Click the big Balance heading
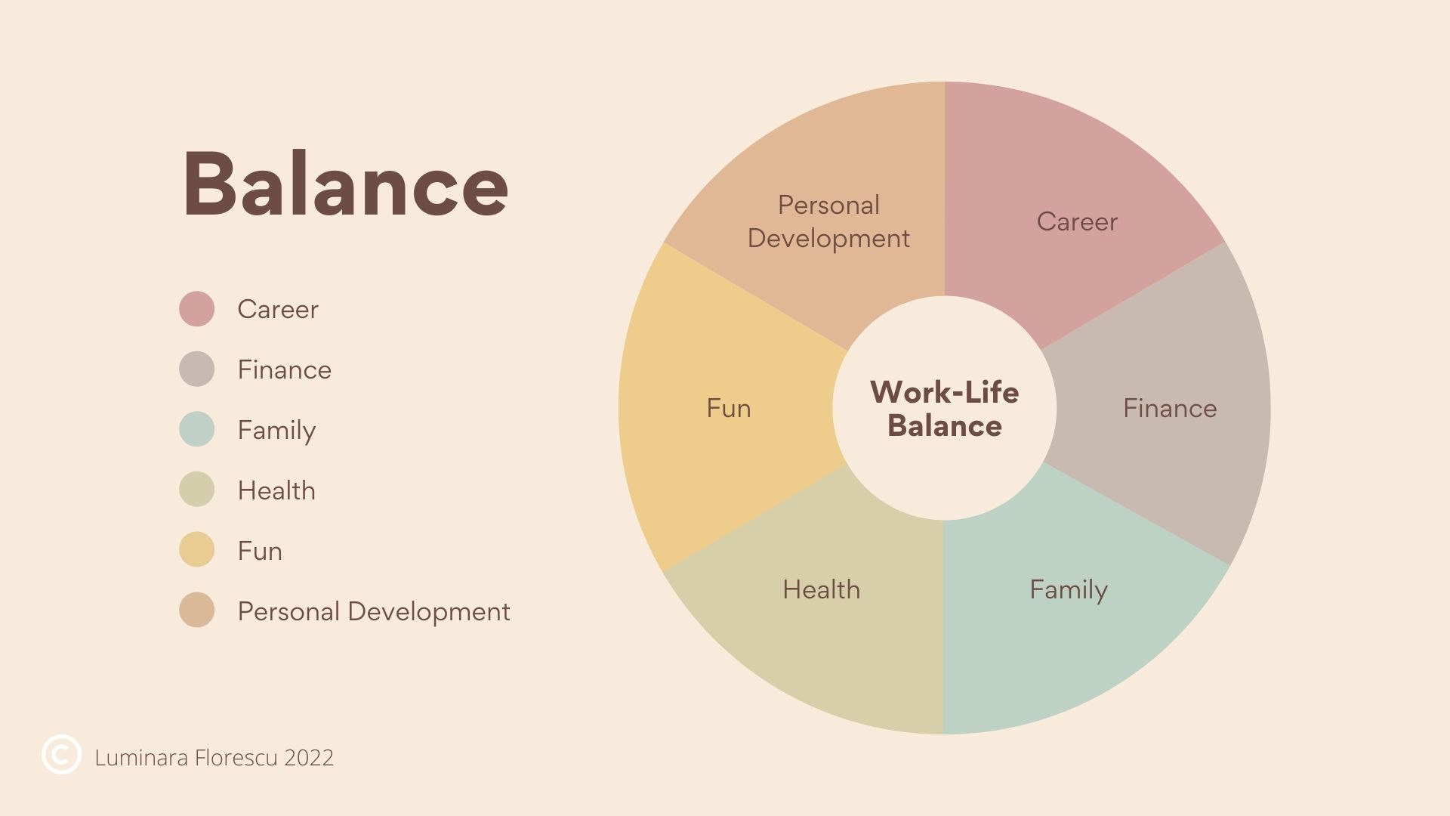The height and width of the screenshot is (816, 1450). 346,184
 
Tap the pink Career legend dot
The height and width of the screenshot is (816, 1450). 196,309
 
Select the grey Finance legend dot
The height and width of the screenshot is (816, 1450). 196,369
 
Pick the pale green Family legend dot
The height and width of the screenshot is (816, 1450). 196,429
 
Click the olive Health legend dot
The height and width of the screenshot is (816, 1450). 196,490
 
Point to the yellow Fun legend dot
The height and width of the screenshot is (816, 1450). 196,549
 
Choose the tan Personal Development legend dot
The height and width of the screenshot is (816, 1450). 196,610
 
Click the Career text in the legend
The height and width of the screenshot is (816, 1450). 278,309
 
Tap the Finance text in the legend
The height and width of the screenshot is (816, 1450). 285,369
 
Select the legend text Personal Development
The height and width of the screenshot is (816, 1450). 374,611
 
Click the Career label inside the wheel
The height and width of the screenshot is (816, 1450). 1077,221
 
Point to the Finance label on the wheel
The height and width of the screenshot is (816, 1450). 1170,408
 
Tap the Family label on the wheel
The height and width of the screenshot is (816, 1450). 1069,590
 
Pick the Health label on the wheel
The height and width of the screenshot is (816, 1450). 822,589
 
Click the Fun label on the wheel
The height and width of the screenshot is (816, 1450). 729,408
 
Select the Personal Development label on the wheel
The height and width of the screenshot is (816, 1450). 828,221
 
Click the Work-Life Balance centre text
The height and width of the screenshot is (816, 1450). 945,409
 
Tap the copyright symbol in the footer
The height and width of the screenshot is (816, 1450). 61,754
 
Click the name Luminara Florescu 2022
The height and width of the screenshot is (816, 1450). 214,758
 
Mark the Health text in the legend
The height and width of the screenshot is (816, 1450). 276,490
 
